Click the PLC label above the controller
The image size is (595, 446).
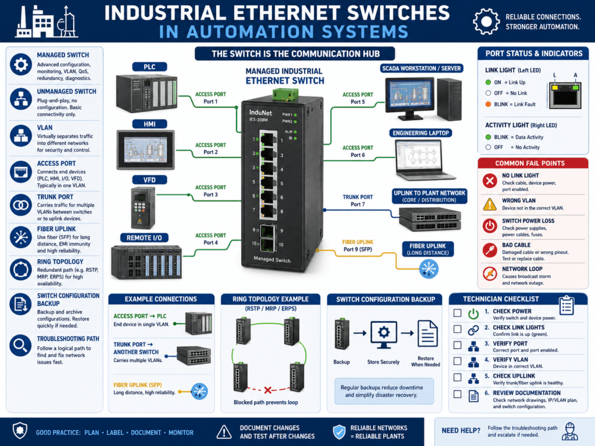tap(149, 67)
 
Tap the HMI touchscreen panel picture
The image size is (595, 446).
tap(146, 150)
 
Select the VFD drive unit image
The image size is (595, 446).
tap(143, 208)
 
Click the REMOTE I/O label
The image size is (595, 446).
tap(144, 238)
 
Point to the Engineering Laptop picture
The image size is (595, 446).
tap(424, 160)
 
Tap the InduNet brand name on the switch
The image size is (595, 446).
tap(260, 113)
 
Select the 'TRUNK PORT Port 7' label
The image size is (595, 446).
tap(358, 200)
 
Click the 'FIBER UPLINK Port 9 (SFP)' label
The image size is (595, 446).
tap(358, 246)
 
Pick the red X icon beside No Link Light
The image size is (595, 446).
tap(490, 181)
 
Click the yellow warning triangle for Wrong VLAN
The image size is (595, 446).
tap(490, 204)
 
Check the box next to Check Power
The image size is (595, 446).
tap(458, 313)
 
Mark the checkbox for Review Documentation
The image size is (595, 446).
tap(458, 394)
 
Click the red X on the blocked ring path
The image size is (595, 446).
tap(267, 390)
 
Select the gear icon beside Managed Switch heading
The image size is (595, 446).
tap(21, 64)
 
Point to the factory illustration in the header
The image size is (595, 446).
tap(46, 21)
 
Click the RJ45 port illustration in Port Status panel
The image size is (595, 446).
tap(565, 95)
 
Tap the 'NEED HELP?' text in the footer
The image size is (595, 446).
tap(461, 430)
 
